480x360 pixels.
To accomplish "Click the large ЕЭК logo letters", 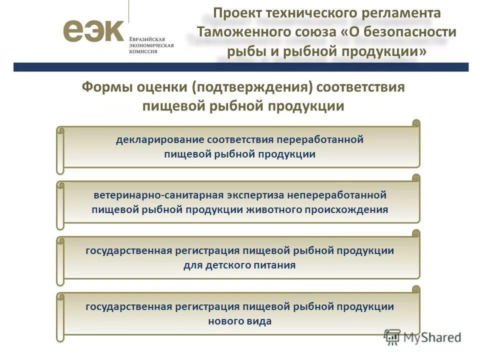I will coord(93,31).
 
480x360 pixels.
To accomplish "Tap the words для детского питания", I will coord(239,265).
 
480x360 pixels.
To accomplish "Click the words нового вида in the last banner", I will coord(239,321).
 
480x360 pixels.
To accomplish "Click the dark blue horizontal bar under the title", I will coord(240,67).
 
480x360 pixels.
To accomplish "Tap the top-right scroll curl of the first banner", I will coord(415,123).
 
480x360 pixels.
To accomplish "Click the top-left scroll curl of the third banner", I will coord(60,241).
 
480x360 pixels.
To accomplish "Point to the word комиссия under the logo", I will coord(144,51).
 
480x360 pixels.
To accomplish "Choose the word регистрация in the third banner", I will coord(208,250).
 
